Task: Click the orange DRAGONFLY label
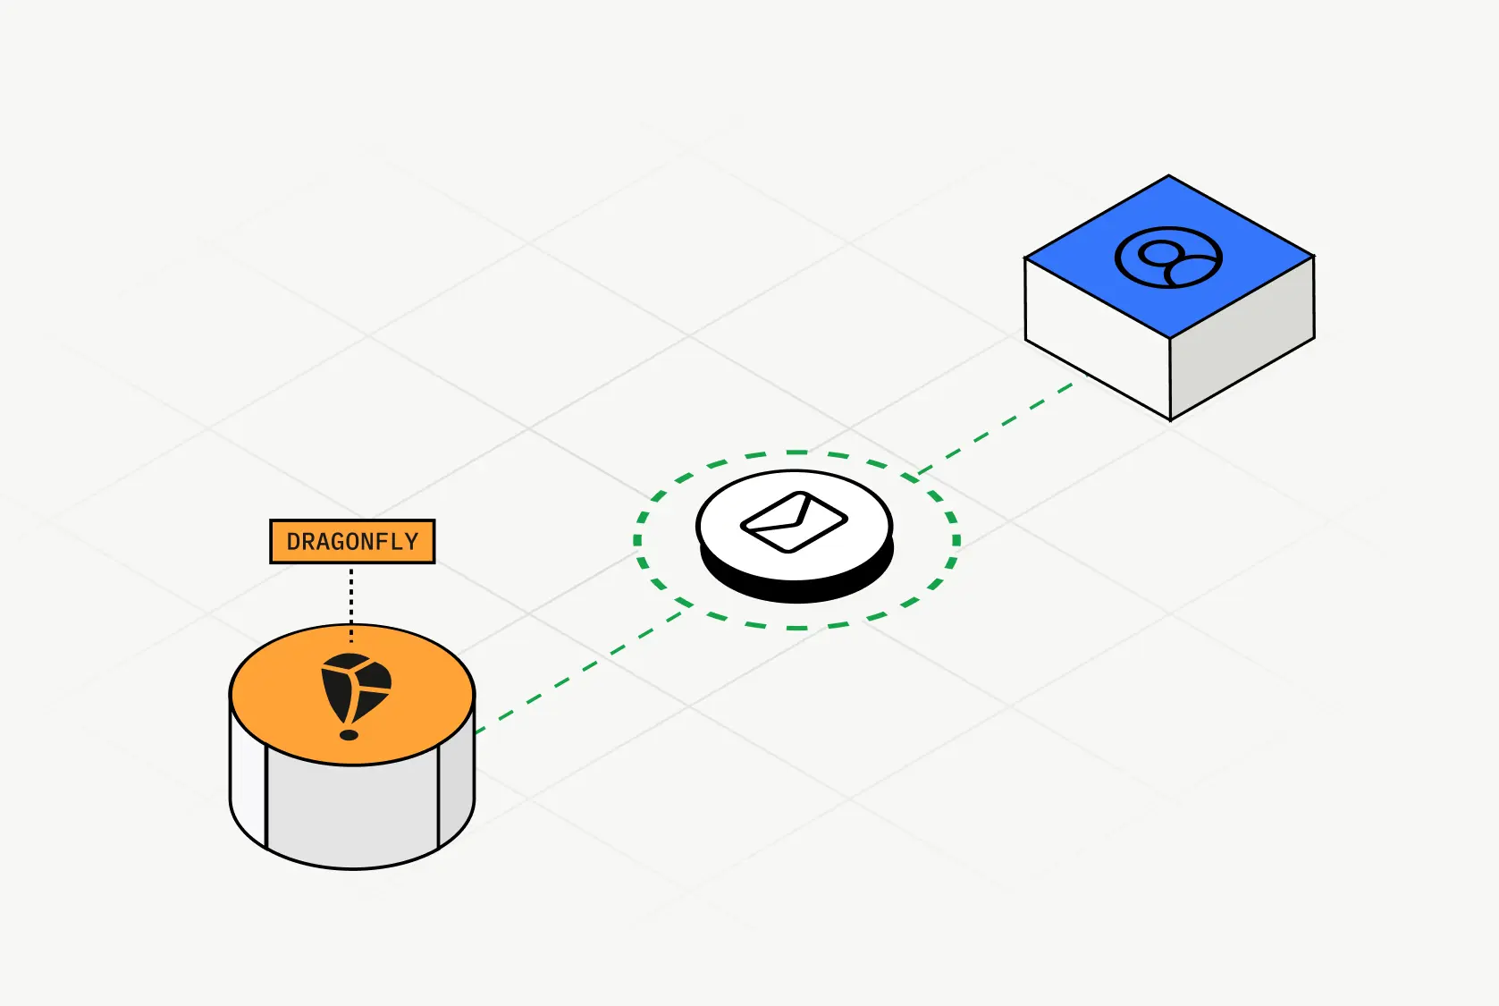(352, 541)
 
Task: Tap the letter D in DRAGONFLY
(293, 542)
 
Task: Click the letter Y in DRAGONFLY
(411, 542)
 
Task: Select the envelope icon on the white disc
(794, 521)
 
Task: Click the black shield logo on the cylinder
(355, 688)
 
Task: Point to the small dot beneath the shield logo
(349, 735)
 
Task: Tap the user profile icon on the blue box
(1168, 258)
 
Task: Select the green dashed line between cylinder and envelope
(581, 671)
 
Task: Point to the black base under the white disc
(796, 585)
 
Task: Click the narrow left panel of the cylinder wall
(248, 787)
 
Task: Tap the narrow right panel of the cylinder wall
(455, 787)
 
